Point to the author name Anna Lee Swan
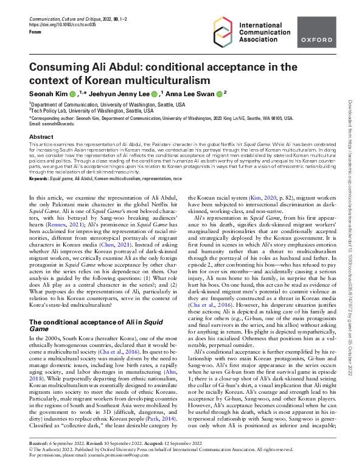(193, 93)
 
